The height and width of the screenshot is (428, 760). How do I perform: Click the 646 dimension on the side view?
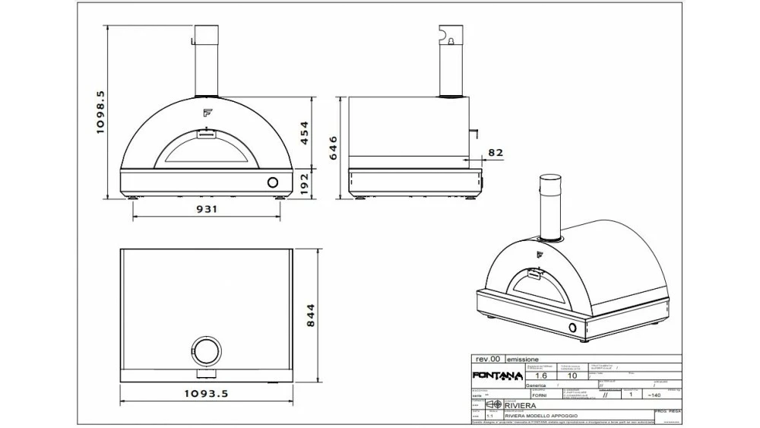[x=331, y=146]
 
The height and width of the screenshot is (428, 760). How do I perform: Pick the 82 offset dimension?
[x=495, y=152]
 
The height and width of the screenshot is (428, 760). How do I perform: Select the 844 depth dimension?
[x=309, y=316]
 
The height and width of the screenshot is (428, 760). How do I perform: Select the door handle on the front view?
[x=206, y=134]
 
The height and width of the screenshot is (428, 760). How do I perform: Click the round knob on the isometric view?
[x=572, y=327]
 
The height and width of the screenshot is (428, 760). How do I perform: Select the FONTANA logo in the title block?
[x=497, y=376]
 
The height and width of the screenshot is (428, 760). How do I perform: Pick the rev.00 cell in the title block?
[x=487, y=359]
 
